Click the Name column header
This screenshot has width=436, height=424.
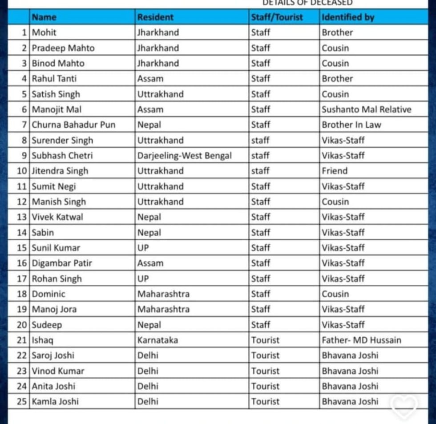(x=44, y=17)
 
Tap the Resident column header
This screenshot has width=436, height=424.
(x=155, y=17)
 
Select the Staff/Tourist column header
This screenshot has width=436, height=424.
(x=277, y=17)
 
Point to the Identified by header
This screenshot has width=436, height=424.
(x=348, y=17)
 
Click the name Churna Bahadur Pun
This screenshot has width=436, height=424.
(x=73, y=125)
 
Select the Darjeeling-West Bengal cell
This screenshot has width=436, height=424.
(x=185, y=156)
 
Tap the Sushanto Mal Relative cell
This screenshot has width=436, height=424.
(x=367, y=109)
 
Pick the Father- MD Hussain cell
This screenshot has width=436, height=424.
(x=361, y=340)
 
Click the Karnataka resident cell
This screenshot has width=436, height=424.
(x=157, y=340)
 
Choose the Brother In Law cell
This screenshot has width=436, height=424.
(x=351, y=125)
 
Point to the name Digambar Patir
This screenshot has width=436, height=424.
(x=62, y=263)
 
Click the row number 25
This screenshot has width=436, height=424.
(x=22, y=402)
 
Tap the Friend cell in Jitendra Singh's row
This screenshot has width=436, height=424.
(x=335, y=171)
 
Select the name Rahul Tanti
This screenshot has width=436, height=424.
(x=54, y=79)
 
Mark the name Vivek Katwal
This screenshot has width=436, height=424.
(x=57, y=217)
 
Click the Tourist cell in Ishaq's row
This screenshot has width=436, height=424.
(x=265, y=340)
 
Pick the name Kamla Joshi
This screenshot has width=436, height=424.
(x=55, y=402)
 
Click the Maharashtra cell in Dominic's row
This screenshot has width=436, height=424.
(x=163, y=294)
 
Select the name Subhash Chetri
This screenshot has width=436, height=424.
(x=62, y=156)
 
